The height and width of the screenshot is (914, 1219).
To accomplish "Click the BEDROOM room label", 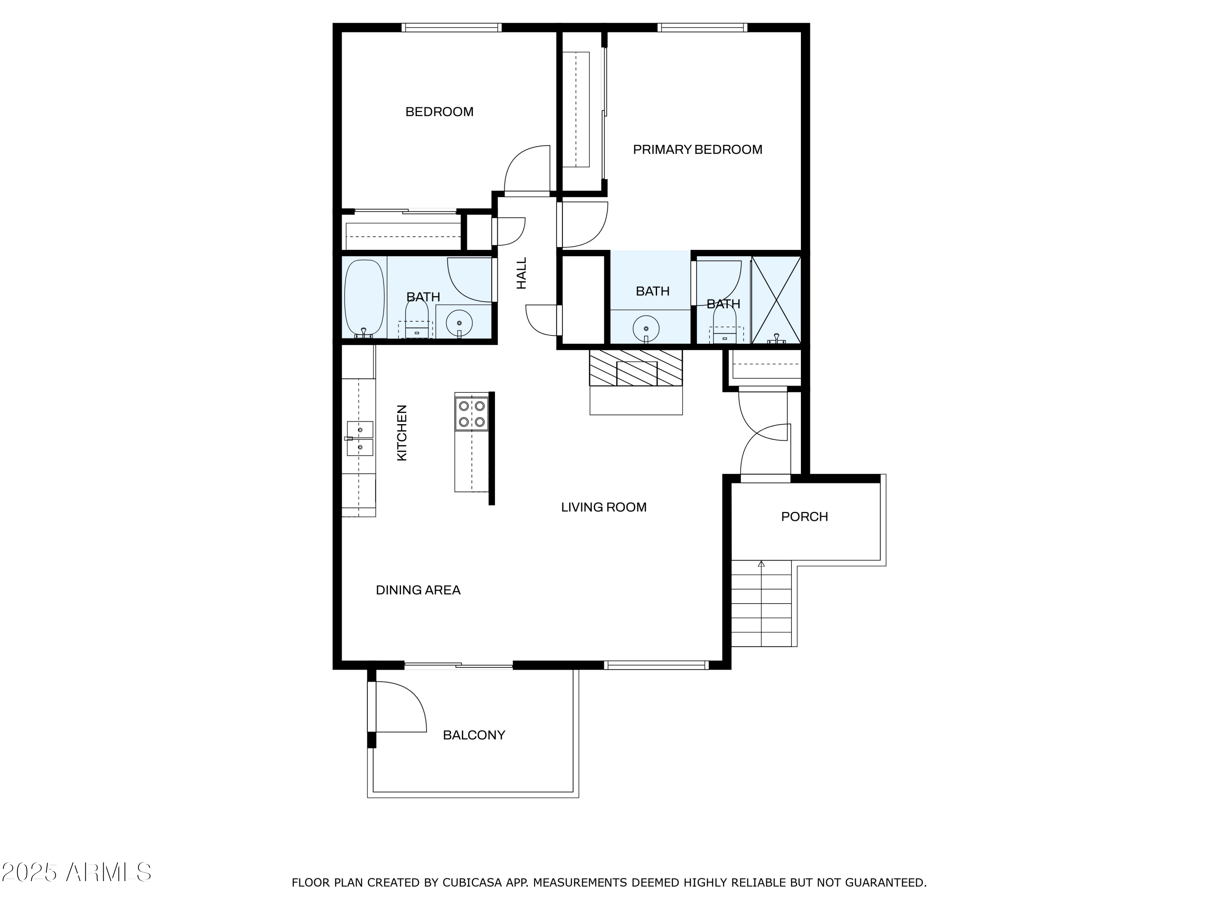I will click(439, 112).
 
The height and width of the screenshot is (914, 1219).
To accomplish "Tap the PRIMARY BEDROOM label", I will click(697, 149).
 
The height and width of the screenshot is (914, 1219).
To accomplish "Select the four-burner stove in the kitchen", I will click(472, 414).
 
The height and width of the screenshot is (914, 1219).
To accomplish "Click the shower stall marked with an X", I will click(776, 300).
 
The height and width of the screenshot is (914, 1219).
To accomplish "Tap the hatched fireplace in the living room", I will click(636, 368).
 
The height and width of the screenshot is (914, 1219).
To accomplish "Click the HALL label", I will click(521, 273).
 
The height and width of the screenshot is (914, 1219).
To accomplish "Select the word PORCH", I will click(804, 517).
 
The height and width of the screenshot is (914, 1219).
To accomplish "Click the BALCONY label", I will click(474, 735).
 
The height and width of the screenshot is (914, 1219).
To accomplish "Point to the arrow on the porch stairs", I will click(761, 564).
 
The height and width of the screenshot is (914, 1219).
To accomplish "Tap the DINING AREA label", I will click(418, 590).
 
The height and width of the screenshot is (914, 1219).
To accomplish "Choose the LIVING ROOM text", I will click(603, 507).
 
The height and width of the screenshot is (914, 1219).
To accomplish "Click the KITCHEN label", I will click(402, 433).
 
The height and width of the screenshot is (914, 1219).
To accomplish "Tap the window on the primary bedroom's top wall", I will click(702, 27).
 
